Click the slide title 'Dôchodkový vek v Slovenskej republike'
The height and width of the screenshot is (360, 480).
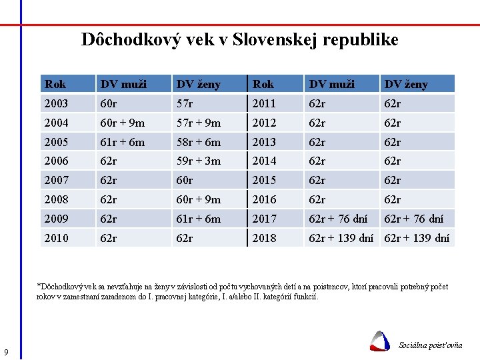click(x=239, y=40)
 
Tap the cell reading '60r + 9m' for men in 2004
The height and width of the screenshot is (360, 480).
click(x=123, y=123)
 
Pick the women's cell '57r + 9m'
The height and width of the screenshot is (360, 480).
click(x=199, y=123)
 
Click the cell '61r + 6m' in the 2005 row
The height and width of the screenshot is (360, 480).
click(x=123, y=142)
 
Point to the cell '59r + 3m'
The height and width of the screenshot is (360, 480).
click(x=199, y=161)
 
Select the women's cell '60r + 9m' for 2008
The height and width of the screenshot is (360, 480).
click(x=199, y=199)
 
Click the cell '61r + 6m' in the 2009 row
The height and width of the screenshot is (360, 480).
click(x=199, y=219)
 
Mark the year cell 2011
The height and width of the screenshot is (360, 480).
click(x=264, y=103)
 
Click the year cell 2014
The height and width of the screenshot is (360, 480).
click(x=264, y=161)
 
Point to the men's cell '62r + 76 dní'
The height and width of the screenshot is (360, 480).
click(x=338, y=219)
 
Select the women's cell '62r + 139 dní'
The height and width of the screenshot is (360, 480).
click(x=417, y=238)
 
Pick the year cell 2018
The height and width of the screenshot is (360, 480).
click(x=264, y=238)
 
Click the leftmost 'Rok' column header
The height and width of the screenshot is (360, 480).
click(x=55, y=84)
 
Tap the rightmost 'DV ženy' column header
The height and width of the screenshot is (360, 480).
click(x=407, y=84)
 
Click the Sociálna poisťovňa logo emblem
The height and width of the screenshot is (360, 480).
click(x=380, y=341)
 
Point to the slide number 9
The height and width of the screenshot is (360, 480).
click(x=6, y=352)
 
